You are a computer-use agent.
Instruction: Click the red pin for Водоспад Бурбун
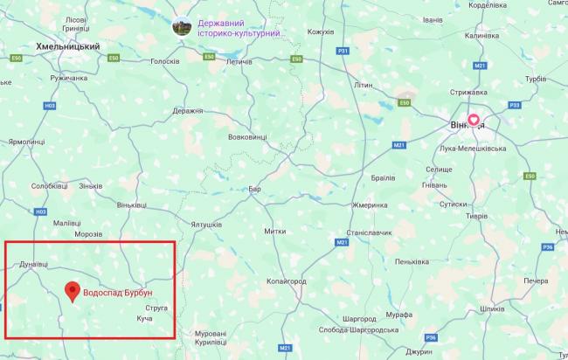click(x=73, y=291)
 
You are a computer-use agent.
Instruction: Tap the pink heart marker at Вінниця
click(x=474, y=121)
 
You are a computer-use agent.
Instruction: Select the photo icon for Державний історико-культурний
click(x=182, y=27)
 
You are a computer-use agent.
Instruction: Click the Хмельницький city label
click(x=68, y=46)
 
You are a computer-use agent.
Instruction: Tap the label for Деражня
click(x=189, y=111)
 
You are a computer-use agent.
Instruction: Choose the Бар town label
click(x=255, y=188)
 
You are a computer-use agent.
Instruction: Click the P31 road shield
click(x=343, y=52)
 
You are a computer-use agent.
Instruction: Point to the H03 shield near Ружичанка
click(x=50, y=106)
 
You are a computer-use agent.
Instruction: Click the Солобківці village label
click(x=49, y=186)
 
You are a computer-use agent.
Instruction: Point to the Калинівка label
click(x=481, y=36)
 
